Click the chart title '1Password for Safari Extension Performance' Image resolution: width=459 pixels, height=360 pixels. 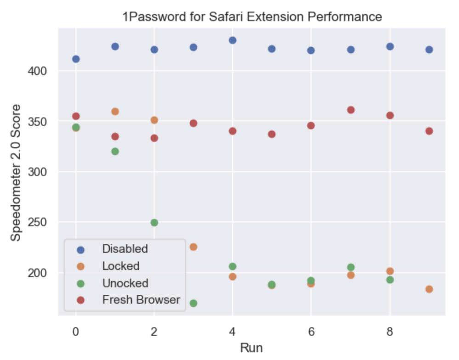252,17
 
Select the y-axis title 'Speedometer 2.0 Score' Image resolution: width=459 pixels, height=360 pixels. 16,172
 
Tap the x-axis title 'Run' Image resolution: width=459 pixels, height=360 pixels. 251,348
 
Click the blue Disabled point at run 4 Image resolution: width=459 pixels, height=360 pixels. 232,40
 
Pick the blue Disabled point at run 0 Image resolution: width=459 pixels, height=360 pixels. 76,59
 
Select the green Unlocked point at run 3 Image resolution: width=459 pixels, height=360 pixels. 193,303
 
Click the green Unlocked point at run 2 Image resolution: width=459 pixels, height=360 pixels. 154,223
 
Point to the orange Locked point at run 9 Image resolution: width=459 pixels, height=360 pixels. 429,289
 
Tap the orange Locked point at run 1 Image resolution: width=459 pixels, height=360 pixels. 115,112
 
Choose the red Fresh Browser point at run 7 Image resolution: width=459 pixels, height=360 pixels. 351,110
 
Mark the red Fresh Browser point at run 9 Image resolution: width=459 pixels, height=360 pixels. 429,131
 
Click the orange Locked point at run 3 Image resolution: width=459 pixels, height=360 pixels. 193,247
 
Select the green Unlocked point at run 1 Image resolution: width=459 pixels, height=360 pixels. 115,152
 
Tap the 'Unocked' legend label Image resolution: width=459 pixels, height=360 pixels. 125,283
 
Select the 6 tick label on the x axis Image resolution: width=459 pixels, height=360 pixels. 311,331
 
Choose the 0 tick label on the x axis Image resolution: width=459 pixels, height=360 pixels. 76,331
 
